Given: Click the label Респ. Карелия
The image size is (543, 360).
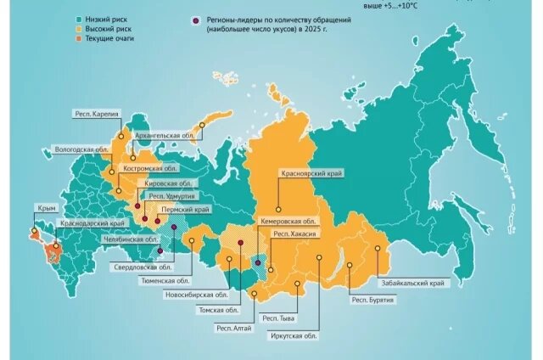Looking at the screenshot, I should point(95,113).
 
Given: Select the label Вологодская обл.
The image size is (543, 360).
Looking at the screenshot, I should point(79,148).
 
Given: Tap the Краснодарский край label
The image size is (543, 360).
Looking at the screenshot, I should point(92,222).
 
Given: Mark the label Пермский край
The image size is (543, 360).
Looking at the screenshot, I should point(191,208).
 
